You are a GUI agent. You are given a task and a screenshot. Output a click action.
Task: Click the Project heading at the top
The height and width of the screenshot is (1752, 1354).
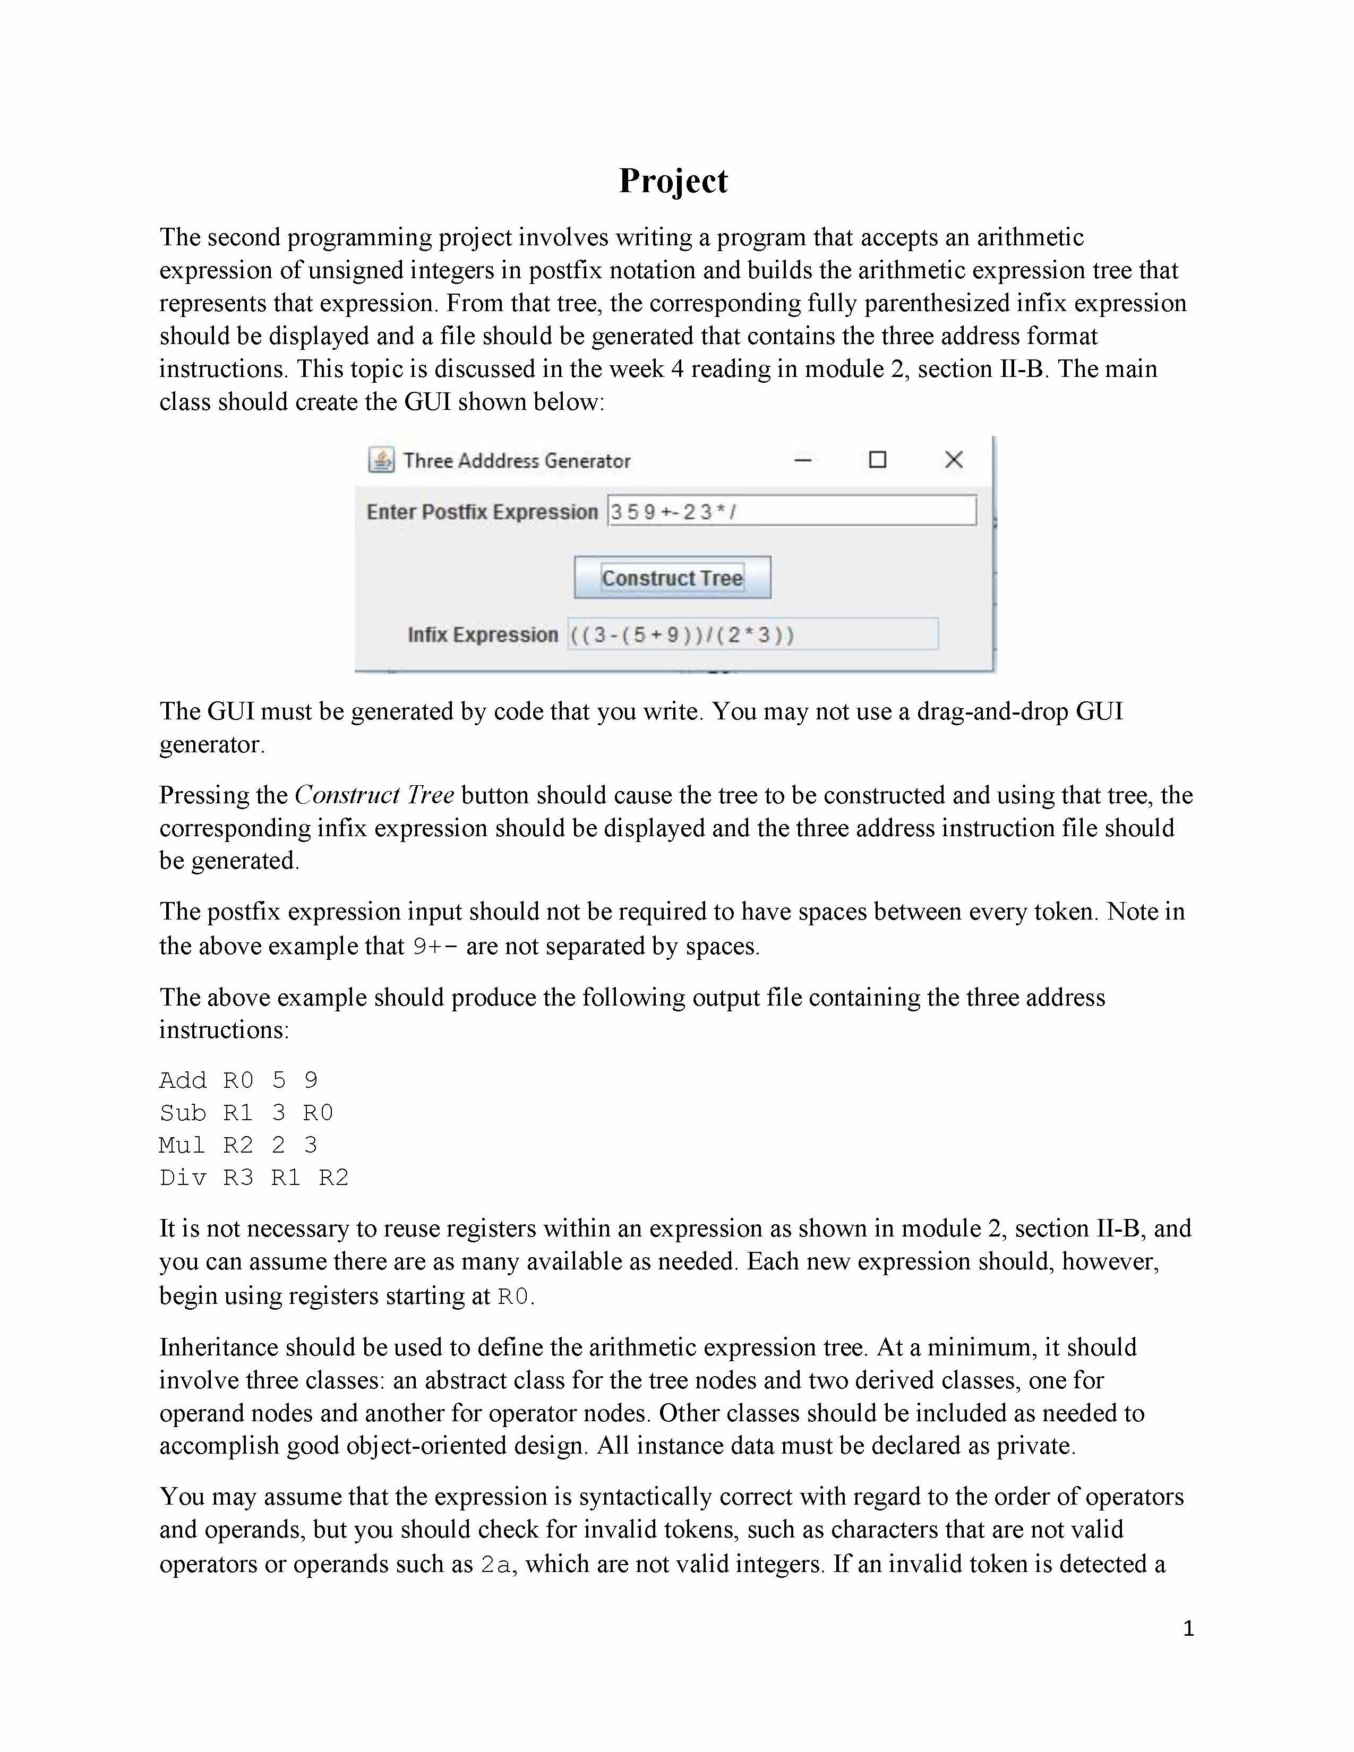point(673,181)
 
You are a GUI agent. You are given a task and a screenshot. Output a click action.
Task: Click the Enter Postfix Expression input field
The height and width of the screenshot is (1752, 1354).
point(792,511)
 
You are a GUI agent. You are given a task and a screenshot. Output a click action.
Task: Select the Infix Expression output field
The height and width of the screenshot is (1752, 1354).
point(752,634)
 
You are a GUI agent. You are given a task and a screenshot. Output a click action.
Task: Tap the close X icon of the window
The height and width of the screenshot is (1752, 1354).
point(954,460)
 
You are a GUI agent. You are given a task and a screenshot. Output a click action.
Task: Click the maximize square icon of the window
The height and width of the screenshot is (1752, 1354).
point(878,460)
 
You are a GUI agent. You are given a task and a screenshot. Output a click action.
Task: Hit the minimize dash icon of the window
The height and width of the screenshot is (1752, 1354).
point(803,460)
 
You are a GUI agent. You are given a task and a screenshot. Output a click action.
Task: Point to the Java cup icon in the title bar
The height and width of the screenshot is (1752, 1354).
point(381,460)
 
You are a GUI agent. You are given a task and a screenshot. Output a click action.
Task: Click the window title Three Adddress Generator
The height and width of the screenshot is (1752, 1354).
point(517,461)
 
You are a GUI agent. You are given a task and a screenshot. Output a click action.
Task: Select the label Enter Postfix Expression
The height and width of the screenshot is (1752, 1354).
point(482,512)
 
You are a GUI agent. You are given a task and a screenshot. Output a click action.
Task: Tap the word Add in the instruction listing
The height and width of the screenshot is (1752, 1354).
point(183,1080)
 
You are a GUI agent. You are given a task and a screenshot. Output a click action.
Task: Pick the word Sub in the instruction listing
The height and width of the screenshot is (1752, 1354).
point(183,1113)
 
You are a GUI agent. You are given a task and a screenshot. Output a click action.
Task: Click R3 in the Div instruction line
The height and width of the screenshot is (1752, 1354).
point(238,1178)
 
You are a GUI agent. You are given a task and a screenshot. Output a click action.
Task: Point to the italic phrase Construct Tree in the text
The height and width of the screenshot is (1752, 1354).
point(374,795)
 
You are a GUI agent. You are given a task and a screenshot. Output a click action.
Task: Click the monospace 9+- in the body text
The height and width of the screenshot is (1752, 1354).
point(435,947)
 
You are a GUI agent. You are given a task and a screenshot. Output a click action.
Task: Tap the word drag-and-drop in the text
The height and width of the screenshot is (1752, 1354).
point(992,711)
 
